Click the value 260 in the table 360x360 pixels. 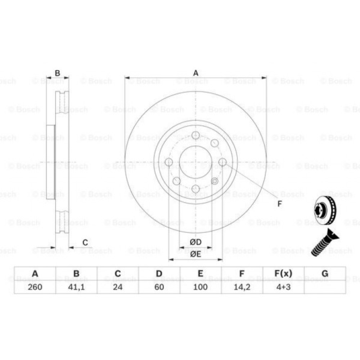click(x=35, y=287)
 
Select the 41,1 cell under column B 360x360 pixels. click(x=76, y=287)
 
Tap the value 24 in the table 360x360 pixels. click(x=118, y=287)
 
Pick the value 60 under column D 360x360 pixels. click(x=159, y=287)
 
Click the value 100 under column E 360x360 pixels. click(x=201, y=287)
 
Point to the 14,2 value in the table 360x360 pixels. click(x=242, y=287)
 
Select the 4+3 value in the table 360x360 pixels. click(x=283, y=287)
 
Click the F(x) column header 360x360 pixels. click(x=283, y=274)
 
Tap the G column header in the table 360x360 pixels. click(x=325, y=274)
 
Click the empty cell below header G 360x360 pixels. click(x=325, y=287)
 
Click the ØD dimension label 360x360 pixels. click(x=195, y=242)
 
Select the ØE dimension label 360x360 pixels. click(x=195, y=254)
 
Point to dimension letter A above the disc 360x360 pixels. click(x=195, y=73)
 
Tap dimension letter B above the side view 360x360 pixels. click(x=57, y=73)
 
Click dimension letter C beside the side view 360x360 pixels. click(x=85, y=243)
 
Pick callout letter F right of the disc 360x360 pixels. click(x=279, y=204)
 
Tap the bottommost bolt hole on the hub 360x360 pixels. click(x=195, y=189)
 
